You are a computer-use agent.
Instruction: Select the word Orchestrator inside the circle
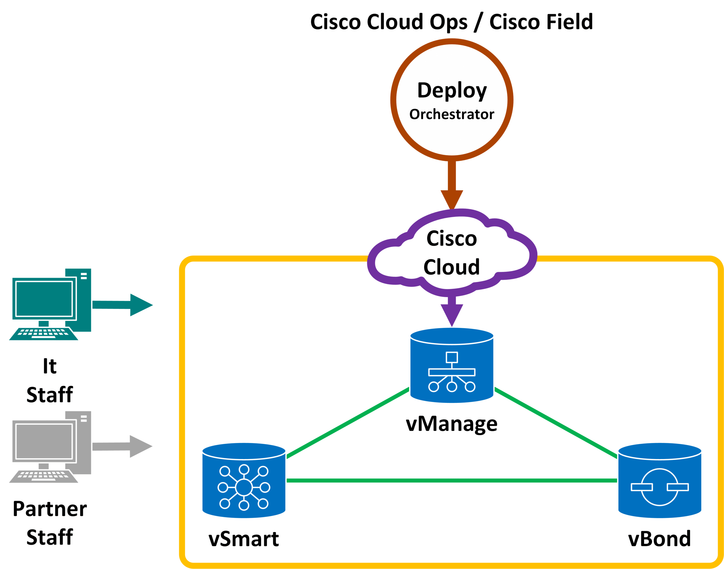point(451,114)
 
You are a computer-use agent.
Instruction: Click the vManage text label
point(451,424)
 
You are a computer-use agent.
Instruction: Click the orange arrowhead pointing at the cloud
point(452,199)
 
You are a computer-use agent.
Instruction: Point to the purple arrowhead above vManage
point(452,314)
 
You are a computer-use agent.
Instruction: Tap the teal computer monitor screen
point(44,299)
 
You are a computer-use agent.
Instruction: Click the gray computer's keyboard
point(44,475)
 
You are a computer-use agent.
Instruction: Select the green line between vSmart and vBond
point(452,481)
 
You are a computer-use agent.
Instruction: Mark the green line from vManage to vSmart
point(348,423)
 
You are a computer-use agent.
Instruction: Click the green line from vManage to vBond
point(556,423)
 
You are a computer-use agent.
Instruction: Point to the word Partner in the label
point(50,509)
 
